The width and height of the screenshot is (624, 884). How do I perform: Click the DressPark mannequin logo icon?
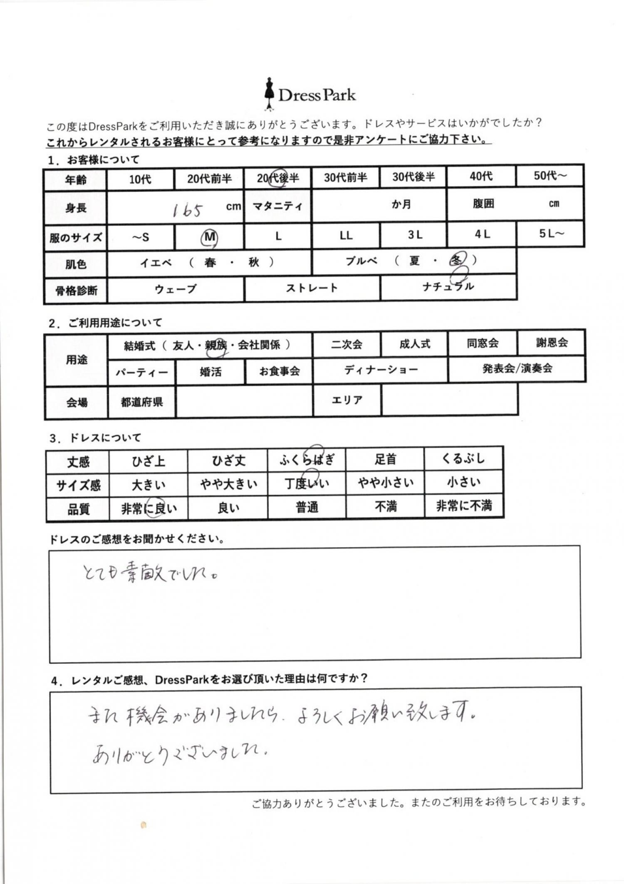[270, 94]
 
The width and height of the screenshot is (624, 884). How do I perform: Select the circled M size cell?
[209, 237]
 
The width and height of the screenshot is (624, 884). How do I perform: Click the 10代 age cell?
[140, 179]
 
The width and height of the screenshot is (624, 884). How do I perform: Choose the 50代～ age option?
[550, 176]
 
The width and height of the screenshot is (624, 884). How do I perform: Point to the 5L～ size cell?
[551, 234]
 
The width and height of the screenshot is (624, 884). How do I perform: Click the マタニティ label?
[277, 206]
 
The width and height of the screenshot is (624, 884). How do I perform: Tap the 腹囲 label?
[483, 204]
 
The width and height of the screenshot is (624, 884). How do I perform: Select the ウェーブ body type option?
[175, 289]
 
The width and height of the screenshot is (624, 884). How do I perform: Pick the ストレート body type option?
[312, 288]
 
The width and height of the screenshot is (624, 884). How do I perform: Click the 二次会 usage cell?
[347, 345]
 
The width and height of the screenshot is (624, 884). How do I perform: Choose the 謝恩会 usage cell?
[552, 343]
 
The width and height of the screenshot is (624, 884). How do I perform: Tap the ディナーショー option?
[381, 370]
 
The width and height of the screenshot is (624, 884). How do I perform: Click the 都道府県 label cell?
[141, 402]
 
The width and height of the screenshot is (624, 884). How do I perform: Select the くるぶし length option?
[463, 459]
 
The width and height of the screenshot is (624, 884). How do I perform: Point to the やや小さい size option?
[386, 482]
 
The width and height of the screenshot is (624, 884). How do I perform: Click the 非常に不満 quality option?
[464, 506]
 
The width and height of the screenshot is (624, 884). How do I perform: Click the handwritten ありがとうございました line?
[179, 753]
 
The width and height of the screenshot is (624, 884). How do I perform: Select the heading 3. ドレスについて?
[95, 438]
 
